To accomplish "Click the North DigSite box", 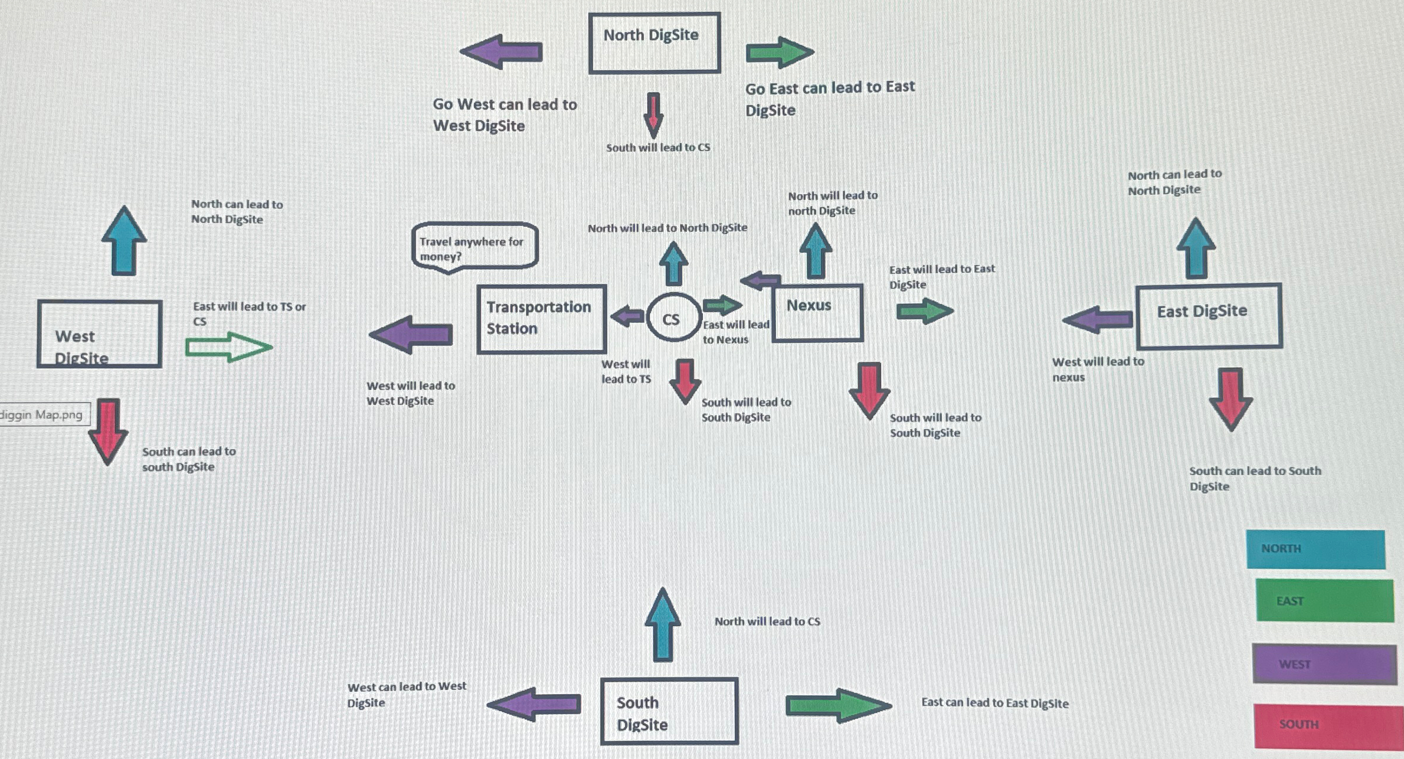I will coord(654,43).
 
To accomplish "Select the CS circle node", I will coord(673,318).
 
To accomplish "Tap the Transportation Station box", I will coord(541,319).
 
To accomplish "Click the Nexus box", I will coord(817,313).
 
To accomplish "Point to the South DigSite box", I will coord(669,711).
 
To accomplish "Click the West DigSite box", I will coord(100,334).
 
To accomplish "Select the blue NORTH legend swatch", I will coord(1315,549).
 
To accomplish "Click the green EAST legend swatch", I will coord(1324,600).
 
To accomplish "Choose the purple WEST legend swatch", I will coord(1324,664).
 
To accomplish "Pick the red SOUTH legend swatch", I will coord(1328,725).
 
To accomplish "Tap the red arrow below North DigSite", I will coord(653,114).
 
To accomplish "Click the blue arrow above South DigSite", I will coord(663,624).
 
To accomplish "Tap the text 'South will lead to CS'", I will coord(658,148).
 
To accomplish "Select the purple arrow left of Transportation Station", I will coord(411,335).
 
